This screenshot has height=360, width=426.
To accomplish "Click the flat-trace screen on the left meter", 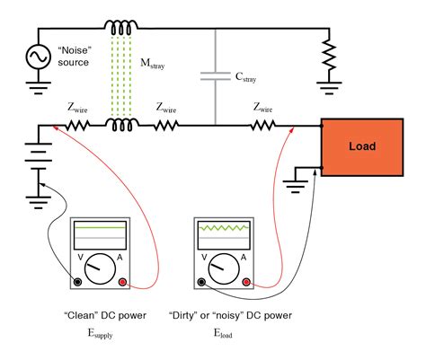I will click(100, 236).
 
